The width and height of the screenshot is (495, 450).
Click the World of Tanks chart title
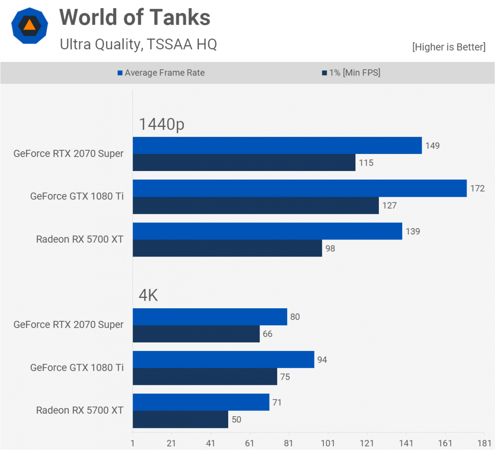tap(135, 18)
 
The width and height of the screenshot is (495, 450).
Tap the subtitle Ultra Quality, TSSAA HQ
tap(138, 44)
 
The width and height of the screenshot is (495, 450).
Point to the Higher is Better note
tap(449, 47)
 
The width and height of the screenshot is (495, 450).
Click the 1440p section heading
tap(162, 124)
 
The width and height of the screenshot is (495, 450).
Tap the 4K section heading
tap(148, 296)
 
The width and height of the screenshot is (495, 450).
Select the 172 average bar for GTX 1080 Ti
tap(300, 188)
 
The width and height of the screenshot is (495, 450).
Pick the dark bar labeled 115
tap(244, 162)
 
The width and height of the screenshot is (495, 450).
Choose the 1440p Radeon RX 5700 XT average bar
tap(267, 231)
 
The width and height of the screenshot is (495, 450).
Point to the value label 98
tap(330, 248)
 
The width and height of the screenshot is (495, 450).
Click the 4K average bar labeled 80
tap(210, 316)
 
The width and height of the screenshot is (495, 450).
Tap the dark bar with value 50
tap(180, 419)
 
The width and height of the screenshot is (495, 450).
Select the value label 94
tap(322, 360)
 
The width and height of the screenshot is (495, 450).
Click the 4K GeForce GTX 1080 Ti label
tap(77, 368)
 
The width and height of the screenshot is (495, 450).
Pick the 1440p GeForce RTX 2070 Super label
tap(68, 153)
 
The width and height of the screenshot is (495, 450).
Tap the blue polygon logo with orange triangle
tap(29, 25)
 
